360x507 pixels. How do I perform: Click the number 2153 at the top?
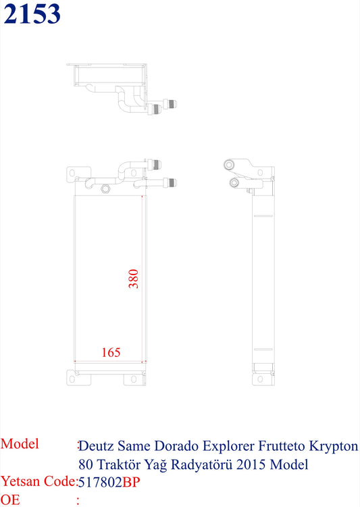pos(32,14)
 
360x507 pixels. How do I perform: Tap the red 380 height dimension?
pos(134,279)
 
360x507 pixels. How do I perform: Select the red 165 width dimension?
pos(111,352)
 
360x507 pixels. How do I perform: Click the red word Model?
pos(20,444)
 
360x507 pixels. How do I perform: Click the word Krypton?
pos(334,447)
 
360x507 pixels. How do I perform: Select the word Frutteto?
pos(282,446)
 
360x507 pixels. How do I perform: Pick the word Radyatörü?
pos(201,465)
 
